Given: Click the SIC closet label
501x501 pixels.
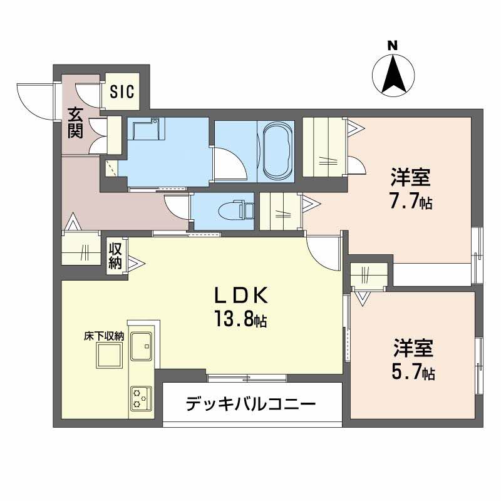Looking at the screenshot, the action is pyautogui.click(x=122, y=91).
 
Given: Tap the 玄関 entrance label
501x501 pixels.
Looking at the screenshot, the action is pyautogui.click(x=75, y=123).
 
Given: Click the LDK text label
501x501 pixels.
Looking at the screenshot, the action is pyautogui.click(x=241, y=296).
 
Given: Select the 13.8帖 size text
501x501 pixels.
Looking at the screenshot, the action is pyautogui.click(x=240, y=319).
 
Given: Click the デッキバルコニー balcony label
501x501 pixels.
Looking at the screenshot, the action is pyautogui.click(x=250, y=404).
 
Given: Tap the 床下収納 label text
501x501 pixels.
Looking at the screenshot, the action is pyautogui.click(x=104, y=336).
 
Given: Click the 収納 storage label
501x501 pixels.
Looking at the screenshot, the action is pyautogui.click(x=115, y=256).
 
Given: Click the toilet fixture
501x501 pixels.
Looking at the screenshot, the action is pyautogui.click(x=236, y=210).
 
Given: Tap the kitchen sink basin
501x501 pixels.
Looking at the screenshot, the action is pyautogui.click(x=142, y=346).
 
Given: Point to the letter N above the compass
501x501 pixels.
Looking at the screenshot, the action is pyautogui.click(x=393, y=46).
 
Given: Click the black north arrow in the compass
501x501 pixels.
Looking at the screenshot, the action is pyautogui.click(x=394, y=74).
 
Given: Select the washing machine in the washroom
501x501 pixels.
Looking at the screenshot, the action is pyautogui.click(x=147, y=129).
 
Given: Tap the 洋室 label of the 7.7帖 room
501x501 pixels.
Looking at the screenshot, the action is pyautogui.click(x=411, y=178).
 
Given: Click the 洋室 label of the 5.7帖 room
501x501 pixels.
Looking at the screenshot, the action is pyautogui.click(x=413, y=348).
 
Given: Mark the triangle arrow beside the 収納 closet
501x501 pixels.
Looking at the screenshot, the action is pyautogui.click(x=136, y=264).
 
